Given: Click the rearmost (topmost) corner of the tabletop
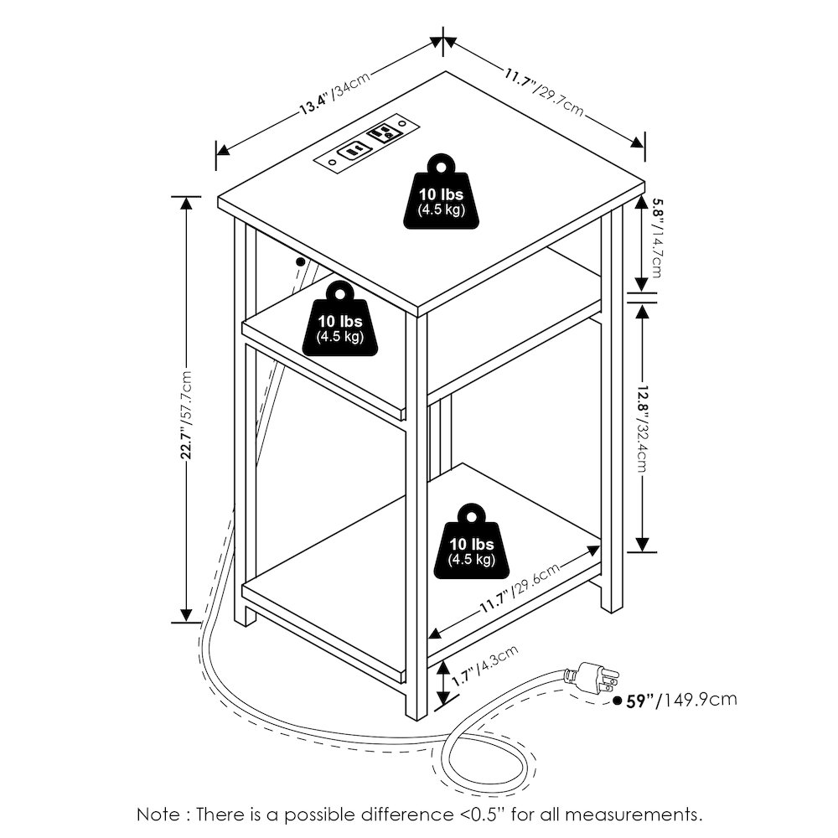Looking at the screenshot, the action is click(x=445, y=71).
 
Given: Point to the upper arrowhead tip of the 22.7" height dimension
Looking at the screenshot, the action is click(x=186, y=197).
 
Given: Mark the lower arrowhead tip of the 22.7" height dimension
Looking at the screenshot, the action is click(x=186, y=622).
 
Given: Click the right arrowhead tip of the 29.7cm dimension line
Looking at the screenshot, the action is click(x=644, y=145).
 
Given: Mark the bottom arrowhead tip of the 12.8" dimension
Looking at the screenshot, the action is click(x=642, y=551).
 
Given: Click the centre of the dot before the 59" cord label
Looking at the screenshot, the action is click(x=618, y=700).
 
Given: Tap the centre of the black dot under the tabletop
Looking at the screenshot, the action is click(x=300, y=261).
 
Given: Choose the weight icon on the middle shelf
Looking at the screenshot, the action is click(x=340, y=319).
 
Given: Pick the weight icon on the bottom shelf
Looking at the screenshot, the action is click(x=471, y=541).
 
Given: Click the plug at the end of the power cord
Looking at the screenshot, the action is click(x=592, y=677).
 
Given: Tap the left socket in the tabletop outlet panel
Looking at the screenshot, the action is click(x=353, y=151).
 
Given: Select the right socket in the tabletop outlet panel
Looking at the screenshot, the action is click(x=382, y=132).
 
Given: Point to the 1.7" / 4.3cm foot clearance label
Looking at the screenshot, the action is click(x=484, y=666).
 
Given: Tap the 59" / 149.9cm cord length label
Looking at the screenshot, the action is click(x=681, y=700).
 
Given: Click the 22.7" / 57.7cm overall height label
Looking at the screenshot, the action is click(x=186, y=414).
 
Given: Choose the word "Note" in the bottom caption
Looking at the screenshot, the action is click(x=158, y=815).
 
